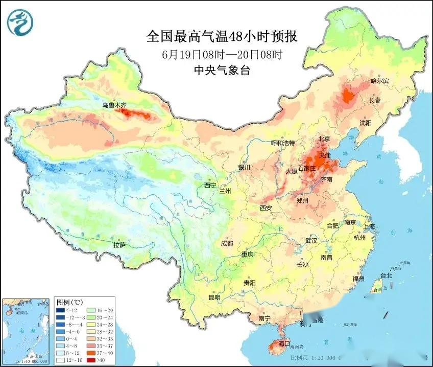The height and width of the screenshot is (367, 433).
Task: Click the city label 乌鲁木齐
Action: coord(113,105)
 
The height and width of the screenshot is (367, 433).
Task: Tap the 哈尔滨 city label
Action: coord(379,81)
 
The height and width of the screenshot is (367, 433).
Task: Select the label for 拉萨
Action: coord(119,245)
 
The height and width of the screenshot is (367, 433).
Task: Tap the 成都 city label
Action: coord(227,243)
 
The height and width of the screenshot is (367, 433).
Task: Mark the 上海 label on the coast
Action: coord(369,226)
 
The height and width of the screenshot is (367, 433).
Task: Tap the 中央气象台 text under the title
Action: coord(221,71)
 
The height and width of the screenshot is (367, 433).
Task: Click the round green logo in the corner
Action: coord(19,22)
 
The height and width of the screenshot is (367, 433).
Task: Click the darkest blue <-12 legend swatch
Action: coord(60,310)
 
